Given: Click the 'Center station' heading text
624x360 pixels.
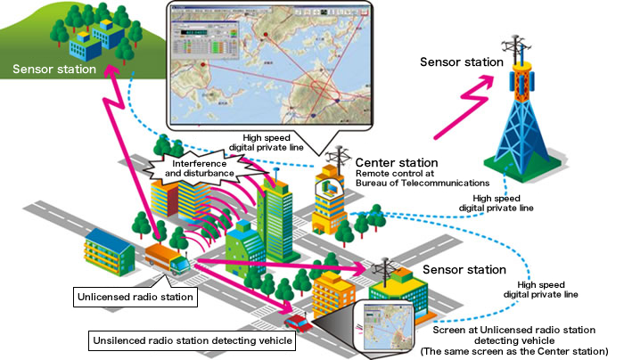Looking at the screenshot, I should [397, 163].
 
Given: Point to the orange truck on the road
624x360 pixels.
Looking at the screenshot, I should [167, 259].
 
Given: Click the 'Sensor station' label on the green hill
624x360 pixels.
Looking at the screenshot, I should [53, 67].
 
